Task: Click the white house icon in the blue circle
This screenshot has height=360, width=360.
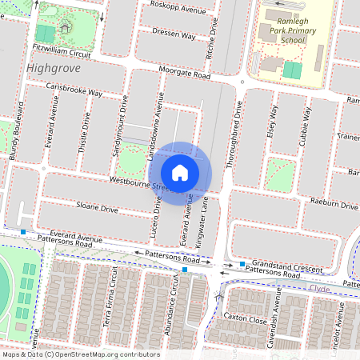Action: (x=180, y=172)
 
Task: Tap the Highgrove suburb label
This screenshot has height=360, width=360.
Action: (x=54, y=68)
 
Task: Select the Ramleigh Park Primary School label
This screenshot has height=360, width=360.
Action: (x=281, y=31)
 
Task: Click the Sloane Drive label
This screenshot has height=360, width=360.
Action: (x=98, y=209)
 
